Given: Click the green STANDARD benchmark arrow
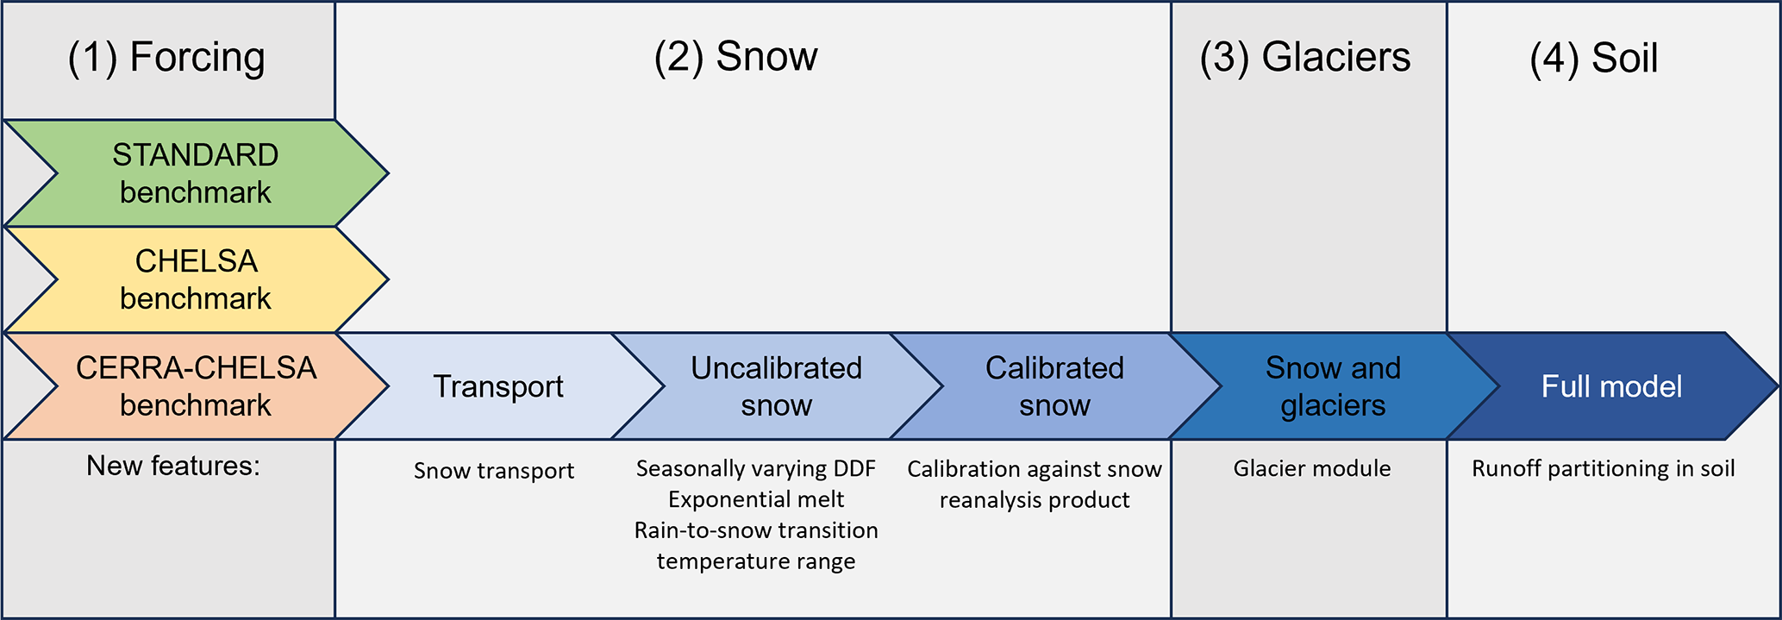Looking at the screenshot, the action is click(x=196, y=173).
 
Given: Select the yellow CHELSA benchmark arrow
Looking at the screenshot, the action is click(x=196, y=279).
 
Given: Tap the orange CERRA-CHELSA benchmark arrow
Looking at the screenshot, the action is click(x=196, y=386).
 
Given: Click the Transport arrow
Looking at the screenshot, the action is click(x=498, y=386).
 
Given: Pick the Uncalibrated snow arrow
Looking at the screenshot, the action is click(x=776, y=386).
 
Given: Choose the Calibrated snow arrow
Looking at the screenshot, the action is click(x=1054, y=386).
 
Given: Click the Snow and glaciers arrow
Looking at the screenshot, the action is click(x=1333, y=386).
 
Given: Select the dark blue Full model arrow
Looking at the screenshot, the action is click(x=1611, y=386).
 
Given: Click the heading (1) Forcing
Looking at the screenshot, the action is click(x=166, y=58).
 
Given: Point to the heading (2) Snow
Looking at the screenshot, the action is click(x=735, y=57).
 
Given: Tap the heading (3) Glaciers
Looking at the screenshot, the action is click(x=1305, y=58).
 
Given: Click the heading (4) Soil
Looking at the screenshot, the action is click(x=1593, y=59).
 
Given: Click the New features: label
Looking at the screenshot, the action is click(x=173, y=466).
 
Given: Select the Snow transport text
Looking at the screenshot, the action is click(x=494, y=471).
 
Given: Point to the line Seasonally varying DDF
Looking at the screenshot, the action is click(x=756, y=468).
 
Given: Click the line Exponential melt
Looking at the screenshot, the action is click(x=756, y=499).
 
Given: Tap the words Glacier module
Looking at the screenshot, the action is click(x=1312, y=468).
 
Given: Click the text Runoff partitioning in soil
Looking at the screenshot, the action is click(x=1604, y=468).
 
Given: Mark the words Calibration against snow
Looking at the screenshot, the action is click(x=1035, y=469).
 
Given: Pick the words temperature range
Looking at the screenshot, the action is click(x=756, y=561).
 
